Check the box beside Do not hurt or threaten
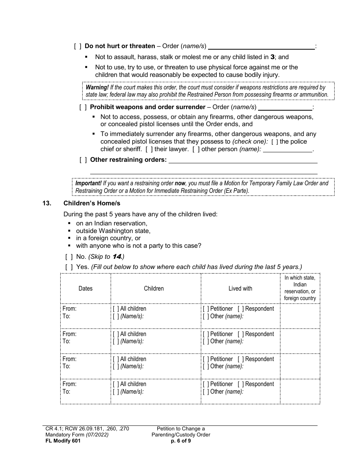78,46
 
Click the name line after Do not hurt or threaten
261,47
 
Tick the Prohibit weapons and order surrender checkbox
83,107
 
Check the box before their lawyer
149,149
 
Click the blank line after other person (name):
287,150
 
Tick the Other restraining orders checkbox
83,160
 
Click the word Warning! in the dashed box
97,88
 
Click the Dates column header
85,289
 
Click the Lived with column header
240,289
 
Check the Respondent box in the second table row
241,334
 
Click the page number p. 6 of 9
181,441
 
